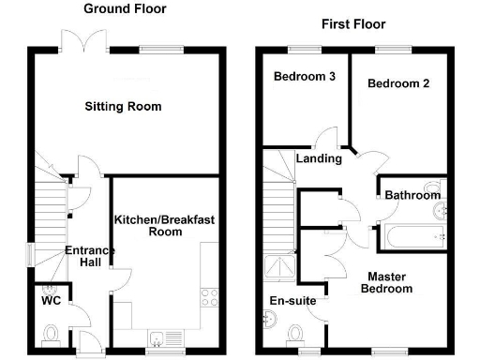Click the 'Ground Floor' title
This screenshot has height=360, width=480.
(x=125, y=8)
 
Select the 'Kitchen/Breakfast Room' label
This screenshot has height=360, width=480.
(x=164, y=225)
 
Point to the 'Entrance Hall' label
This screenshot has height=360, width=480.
(x=89, y=256)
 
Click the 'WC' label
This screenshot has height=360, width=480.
(x=51, y=304)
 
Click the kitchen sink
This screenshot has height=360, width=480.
(x=159, y=339)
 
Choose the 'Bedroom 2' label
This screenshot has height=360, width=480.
(x=398, y=83)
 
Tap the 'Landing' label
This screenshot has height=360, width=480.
(x=319, y=158)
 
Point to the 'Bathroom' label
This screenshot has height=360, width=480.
(x=413, y=195)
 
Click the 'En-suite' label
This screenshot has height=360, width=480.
(x=292, y=302)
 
